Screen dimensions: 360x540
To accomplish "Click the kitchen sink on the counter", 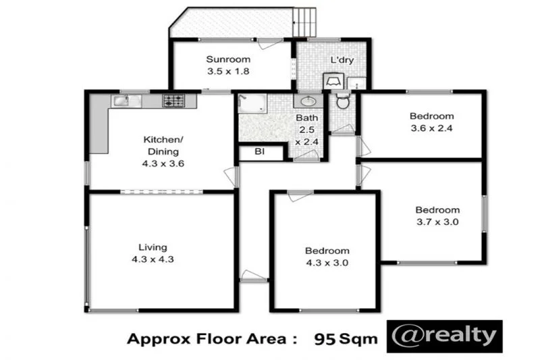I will [122, 101].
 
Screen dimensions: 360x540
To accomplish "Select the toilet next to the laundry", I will [343, 103].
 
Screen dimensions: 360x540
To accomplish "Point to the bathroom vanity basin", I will [308, 101].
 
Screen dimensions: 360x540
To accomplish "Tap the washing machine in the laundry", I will [333, 81].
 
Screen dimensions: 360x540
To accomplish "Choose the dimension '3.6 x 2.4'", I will [431, 128].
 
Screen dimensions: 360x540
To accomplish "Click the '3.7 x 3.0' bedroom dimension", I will [437, 222].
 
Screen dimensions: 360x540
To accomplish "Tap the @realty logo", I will [445, 336].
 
